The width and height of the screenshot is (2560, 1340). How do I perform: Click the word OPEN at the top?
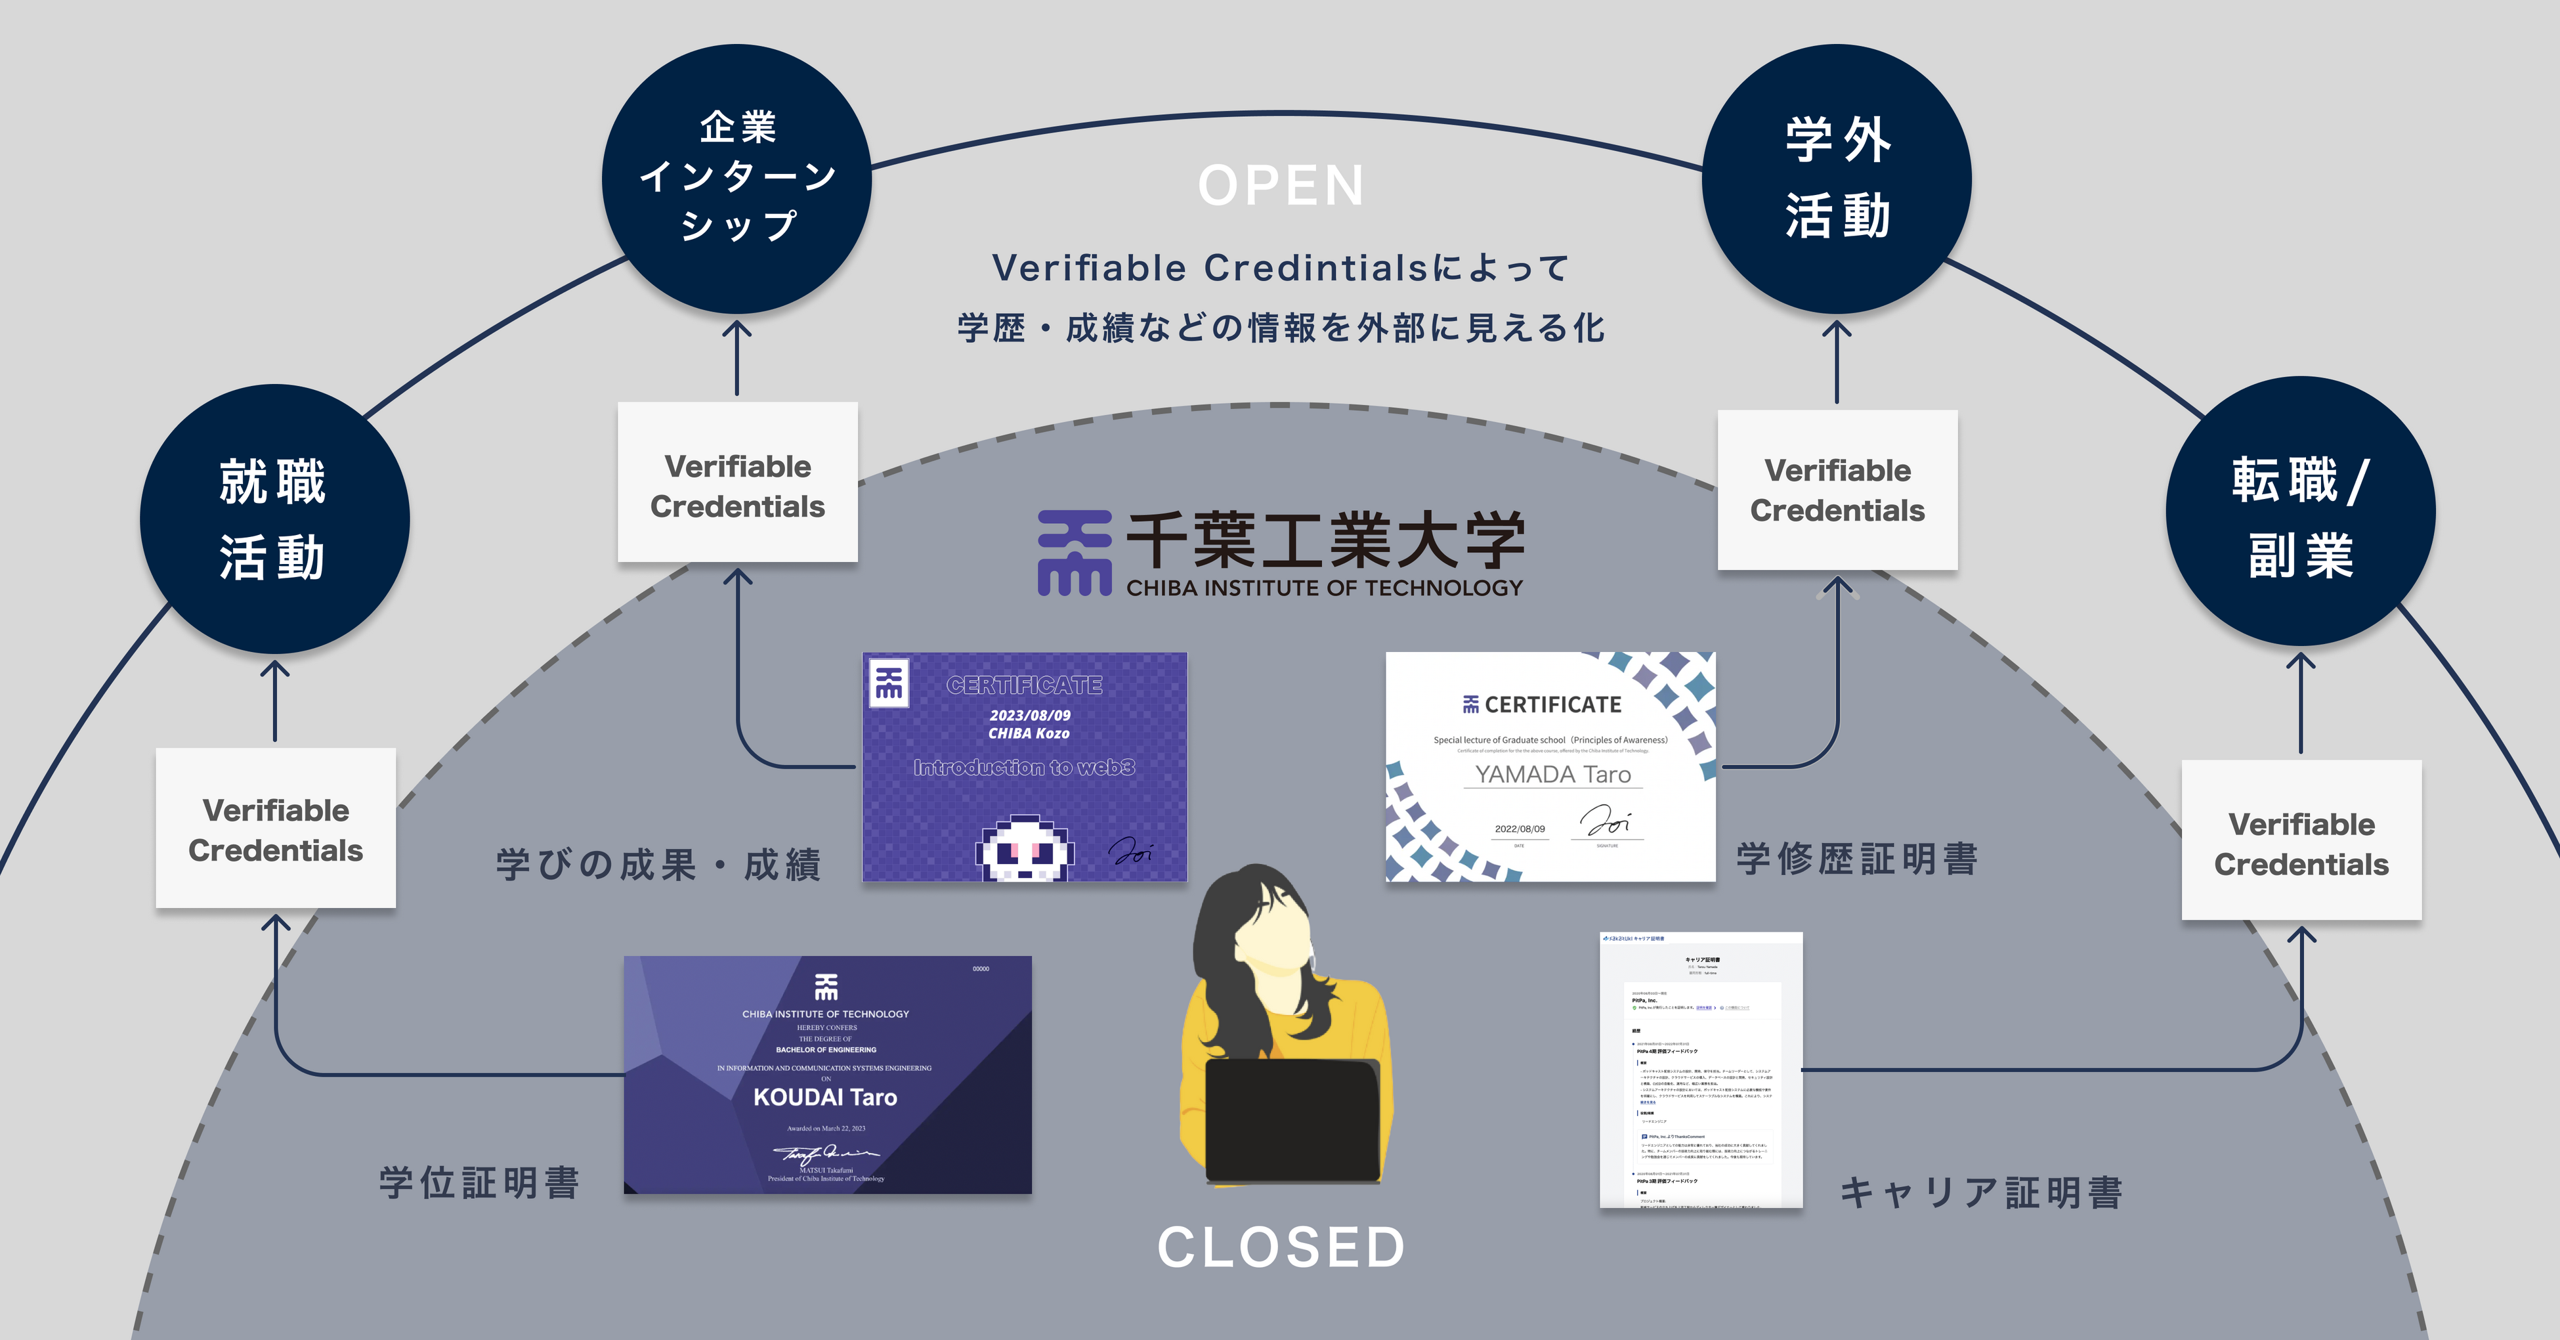[1281, 186]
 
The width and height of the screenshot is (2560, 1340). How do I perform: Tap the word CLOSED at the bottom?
[1281, 1247]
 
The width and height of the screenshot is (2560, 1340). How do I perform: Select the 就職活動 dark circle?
[274, 519]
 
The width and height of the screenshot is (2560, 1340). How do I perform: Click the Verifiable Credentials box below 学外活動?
[1837, 490]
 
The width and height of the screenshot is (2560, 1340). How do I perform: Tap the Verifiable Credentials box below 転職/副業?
[2301, 844]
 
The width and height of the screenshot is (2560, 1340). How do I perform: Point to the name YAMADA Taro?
[1552, 774]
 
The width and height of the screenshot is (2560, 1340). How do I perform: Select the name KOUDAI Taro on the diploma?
[825, 1098]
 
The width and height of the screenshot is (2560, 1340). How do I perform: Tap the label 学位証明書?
[479, 1183]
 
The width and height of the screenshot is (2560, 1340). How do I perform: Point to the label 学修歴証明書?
[1856, 859]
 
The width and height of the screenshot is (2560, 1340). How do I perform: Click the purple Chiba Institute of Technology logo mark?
[1073, 553]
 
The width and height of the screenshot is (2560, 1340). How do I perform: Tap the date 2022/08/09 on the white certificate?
[1520, 829]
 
